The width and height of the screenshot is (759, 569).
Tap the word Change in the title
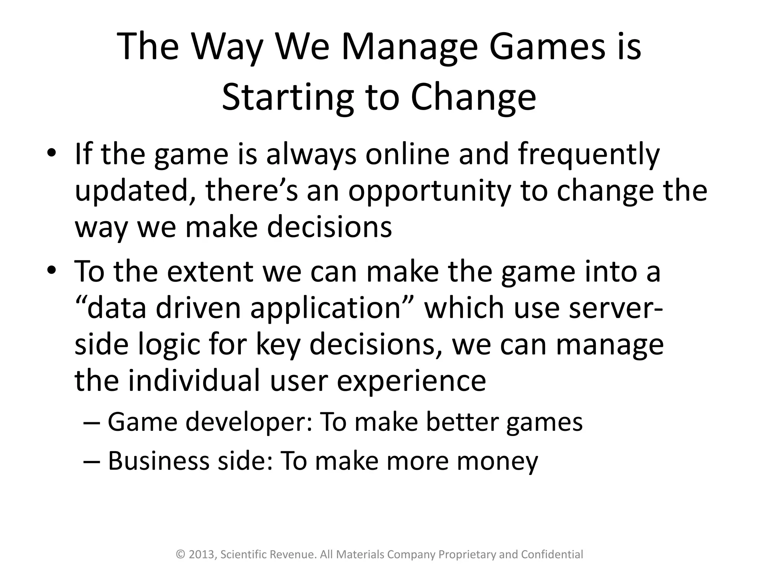[473, 97]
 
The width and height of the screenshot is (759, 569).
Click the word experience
[411, 382]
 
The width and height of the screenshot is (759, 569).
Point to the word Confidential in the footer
[552, 555]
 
